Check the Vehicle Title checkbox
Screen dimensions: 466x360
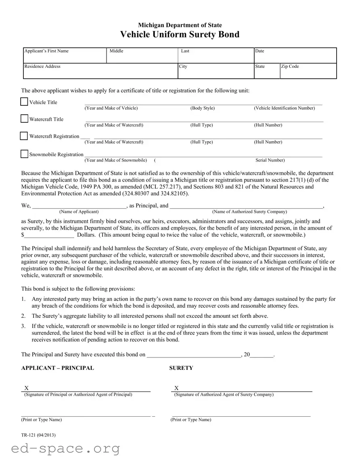(25, 102)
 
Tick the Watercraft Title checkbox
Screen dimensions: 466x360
(25, 119)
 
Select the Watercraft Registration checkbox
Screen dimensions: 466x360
(24, 136)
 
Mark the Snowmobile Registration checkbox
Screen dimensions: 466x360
(25, 154)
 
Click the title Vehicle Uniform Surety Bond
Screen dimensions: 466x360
(180, 35)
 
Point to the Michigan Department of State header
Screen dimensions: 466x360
(180, 25)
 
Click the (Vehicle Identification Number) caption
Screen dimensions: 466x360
(284, 108)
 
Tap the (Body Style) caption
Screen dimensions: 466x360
(202, 108)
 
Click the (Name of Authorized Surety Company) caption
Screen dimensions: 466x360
(249, 212)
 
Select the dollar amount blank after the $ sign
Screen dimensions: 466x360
(49, 234)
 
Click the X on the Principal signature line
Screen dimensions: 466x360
(27, 388)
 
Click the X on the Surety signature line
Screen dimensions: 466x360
(176, 388)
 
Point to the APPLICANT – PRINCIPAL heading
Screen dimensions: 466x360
(57, 368)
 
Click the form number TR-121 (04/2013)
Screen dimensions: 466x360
(38, 435)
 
